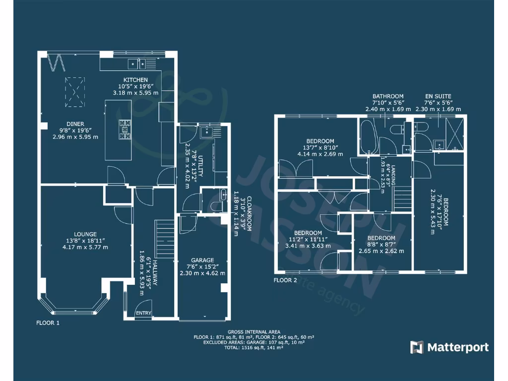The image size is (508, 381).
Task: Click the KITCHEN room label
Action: [135, 80]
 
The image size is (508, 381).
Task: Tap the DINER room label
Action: [75, 124]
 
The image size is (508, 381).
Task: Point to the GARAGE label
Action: [202, 260]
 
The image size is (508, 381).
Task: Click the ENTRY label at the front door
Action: [143, 313]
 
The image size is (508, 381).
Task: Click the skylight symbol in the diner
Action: [75, 92]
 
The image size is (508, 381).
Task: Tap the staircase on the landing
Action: [402, 198]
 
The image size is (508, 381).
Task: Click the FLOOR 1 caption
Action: [48, 323]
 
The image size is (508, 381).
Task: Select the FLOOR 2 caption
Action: [285, 280]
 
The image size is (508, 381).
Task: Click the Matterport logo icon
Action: [416, 347]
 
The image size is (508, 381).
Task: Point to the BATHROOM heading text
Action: [388, 96]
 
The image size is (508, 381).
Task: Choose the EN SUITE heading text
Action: [438, 96]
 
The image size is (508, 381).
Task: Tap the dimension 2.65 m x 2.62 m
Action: [381, 251]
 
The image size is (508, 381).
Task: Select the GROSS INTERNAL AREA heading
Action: [254, 332]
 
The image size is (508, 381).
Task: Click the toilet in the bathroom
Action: [397, 129]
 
